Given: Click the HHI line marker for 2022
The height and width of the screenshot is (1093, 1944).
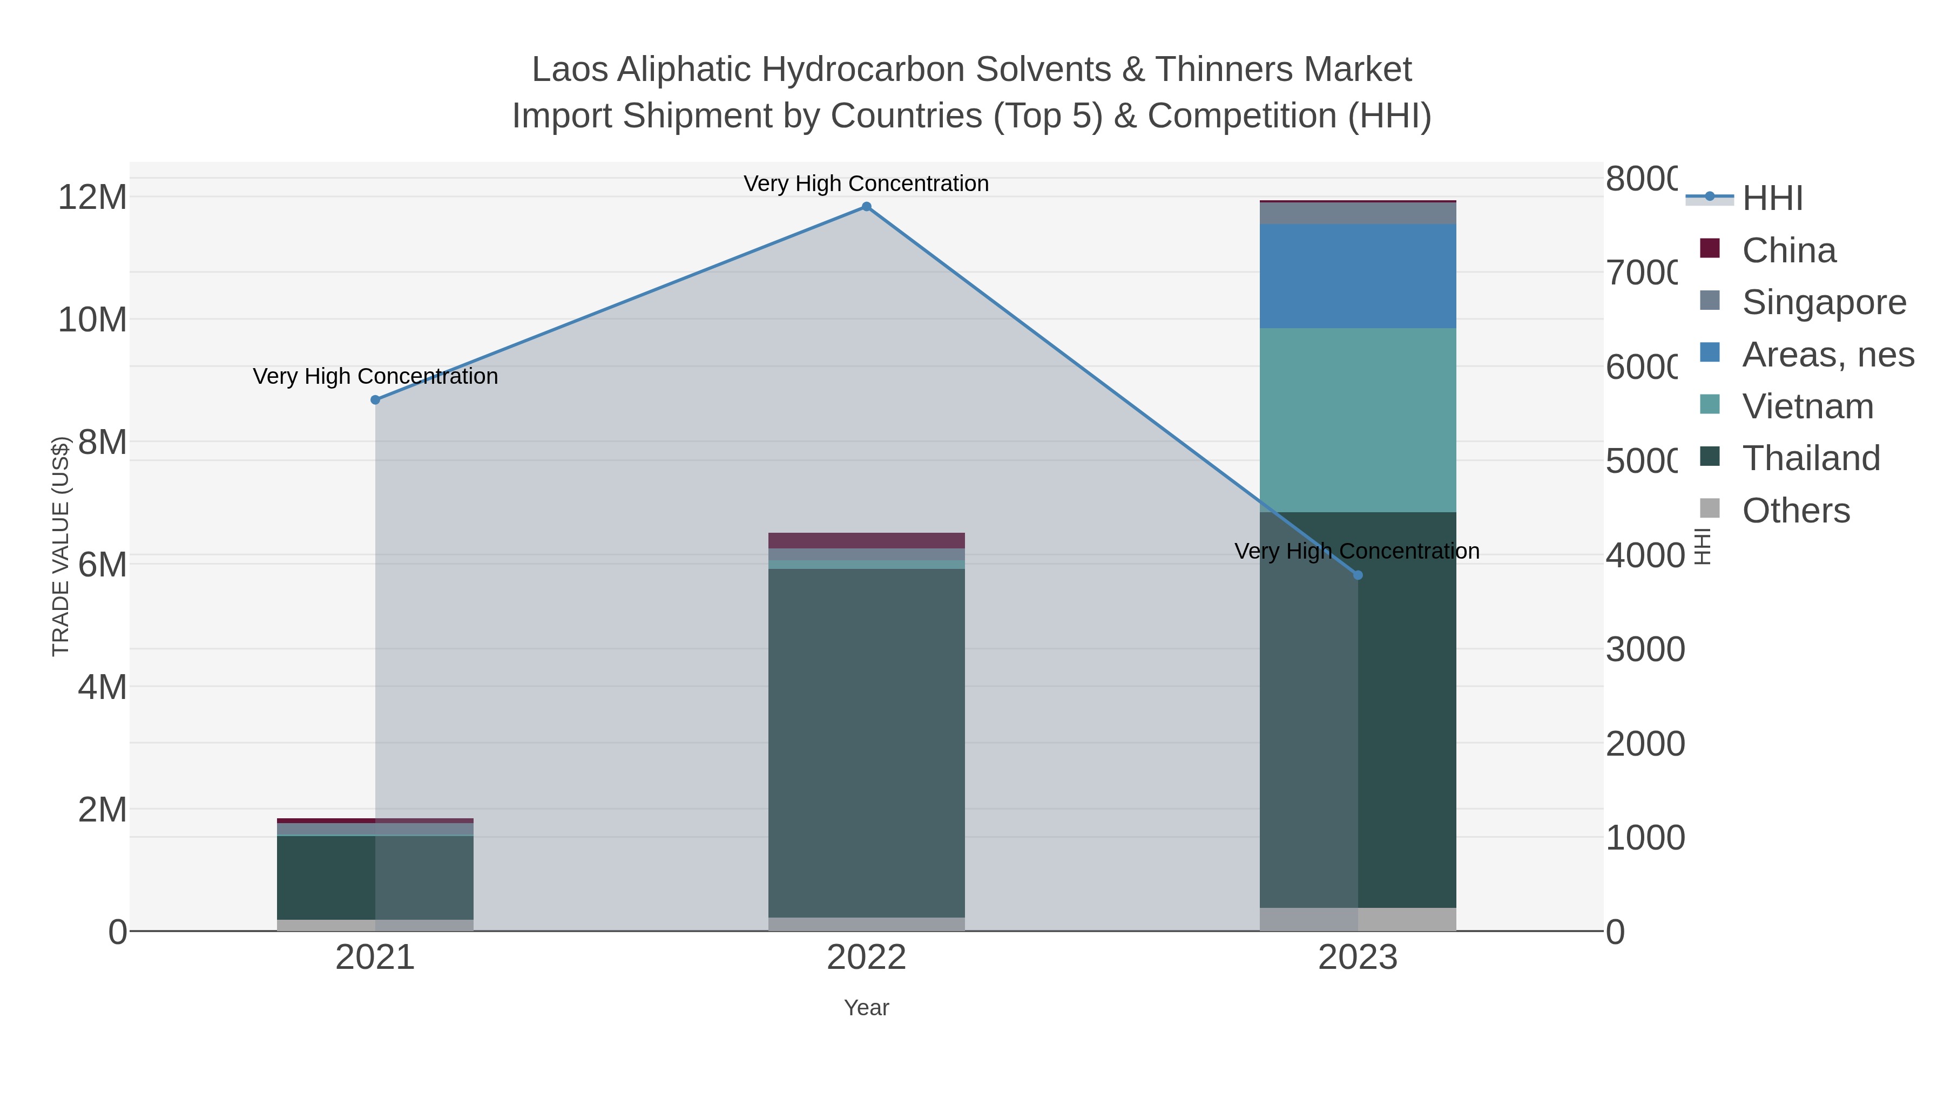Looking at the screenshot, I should (x=866, y=207).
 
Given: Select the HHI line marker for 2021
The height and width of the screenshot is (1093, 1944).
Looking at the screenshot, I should (x=375, y=400).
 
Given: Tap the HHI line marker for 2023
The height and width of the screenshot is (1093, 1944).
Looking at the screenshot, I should (x=1358, y=575).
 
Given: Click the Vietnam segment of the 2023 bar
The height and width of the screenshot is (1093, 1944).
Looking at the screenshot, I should (x=1358, y=420).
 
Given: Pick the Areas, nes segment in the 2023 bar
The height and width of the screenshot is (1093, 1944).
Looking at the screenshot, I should (x=1358, y=276).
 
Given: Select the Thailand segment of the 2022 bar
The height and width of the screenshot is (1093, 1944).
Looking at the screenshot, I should (x=866, y=743).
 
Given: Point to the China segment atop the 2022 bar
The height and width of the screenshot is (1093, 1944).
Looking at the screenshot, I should (x=866, y=541).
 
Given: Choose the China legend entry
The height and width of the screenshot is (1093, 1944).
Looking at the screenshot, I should (x=1788, y=250).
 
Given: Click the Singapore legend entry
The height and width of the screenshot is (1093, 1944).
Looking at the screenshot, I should (x=1823, y=302).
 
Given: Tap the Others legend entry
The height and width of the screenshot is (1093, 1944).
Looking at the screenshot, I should (x=1796, y=511).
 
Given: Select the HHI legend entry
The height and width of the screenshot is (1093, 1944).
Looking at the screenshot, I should (x=1772, y=199).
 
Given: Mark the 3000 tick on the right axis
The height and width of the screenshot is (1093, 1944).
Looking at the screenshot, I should (x=1645, y=649).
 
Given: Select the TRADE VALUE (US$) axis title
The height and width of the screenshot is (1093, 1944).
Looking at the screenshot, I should (x=60, y=546).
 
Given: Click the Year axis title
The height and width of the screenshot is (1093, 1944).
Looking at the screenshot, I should (x=866, y=1008).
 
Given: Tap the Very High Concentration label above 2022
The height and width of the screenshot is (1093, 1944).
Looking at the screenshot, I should (x=866, y=184).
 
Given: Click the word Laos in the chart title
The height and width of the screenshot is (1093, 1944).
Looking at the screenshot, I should (x=569, y=70).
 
